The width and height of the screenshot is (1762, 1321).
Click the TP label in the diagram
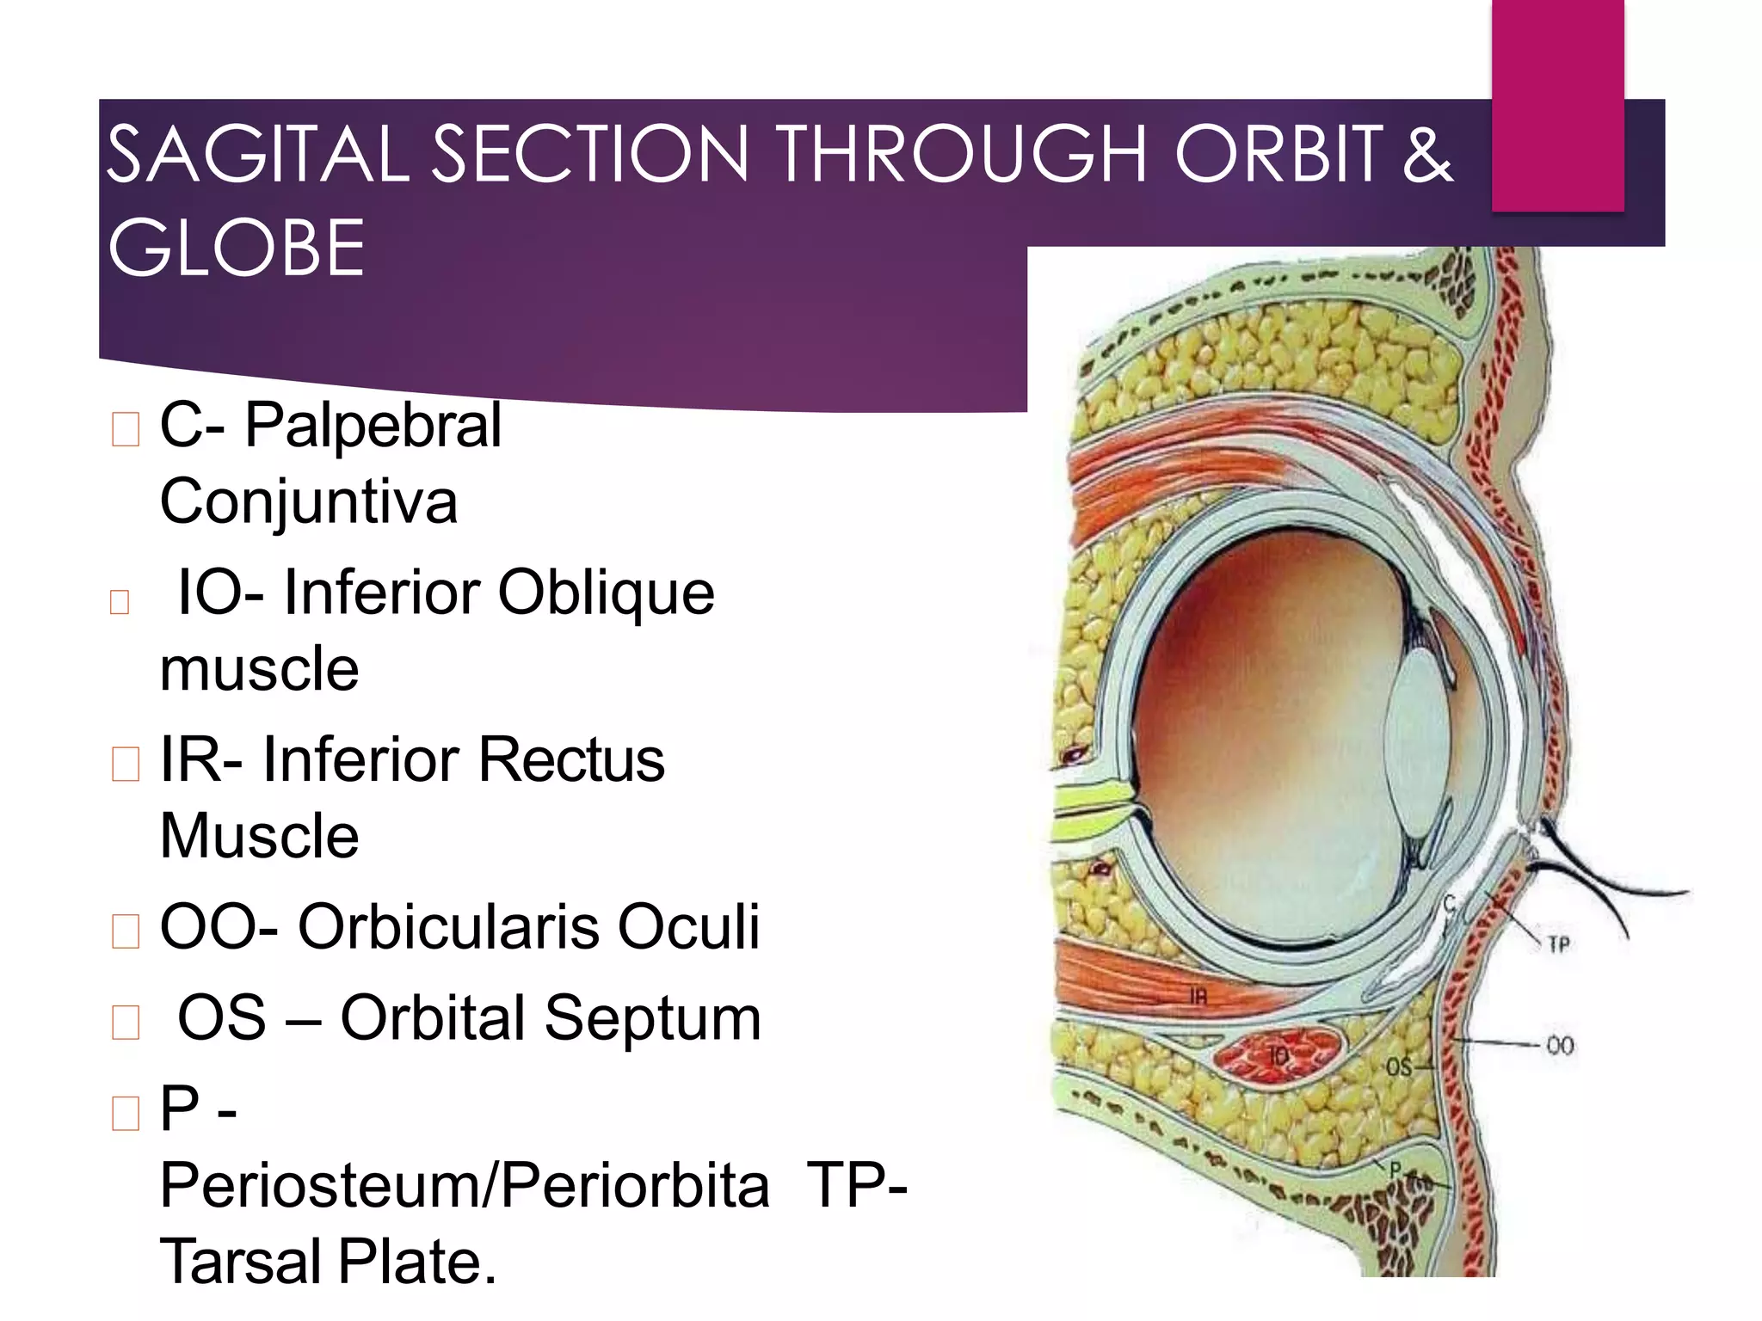tap(1559, 944)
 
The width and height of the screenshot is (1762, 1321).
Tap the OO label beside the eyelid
tap(1560, 1046)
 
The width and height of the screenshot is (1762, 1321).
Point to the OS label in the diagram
tap(1398, 1067)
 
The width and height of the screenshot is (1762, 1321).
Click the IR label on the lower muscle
tap(1198, 997)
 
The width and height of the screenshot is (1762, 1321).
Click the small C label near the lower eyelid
tap(1449, 904)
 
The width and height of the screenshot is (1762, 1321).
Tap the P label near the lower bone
tap(1395, 1169)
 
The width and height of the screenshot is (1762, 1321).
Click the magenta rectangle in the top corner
tap(1557, 103)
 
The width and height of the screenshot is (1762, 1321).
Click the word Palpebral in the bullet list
tap(373, 425)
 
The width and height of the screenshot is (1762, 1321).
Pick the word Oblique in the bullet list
tap(606, 593)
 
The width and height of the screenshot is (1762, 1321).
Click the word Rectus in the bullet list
tap(571, 760)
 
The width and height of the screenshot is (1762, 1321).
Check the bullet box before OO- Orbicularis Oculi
tap(126, 931)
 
